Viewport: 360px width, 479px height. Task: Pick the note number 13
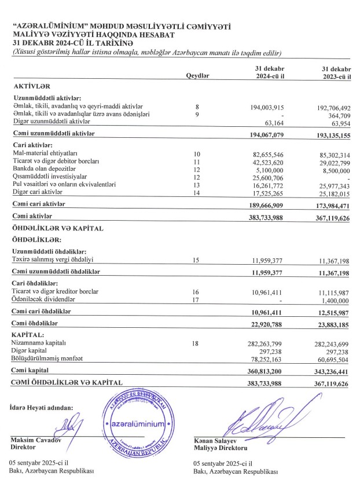tap(196, 185)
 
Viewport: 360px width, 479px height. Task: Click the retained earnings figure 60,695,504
tap(336, 359)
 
